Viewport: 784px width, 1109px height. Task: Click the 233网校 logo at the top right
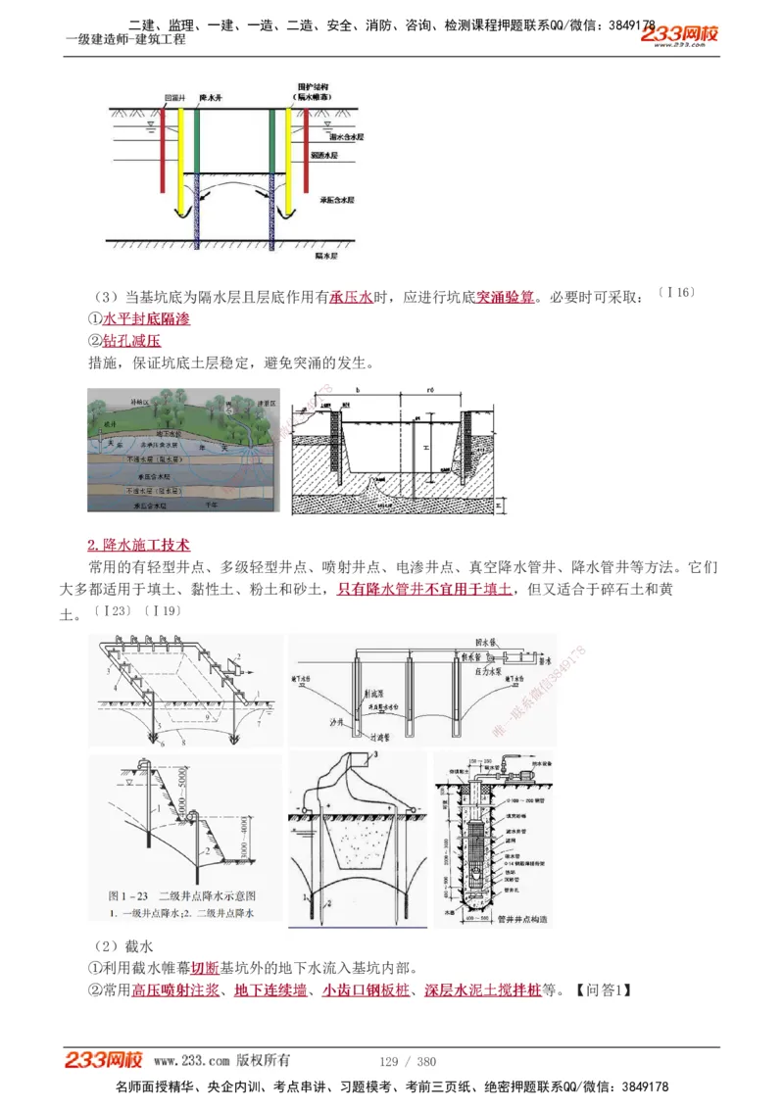[x=679, y=35]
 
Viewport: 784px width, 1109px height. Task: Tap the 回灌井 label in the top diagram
[x=174, y=98]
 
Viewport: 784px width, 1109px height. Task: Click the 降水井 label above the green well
[x=211, y=98]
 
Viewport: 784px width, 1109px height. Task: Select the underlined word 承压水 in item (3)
[x=351, y=296]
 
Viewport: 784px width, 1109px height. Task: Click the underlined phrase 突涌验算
[x=506, y=296]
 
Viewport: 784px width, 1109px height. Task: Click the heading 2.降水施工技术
[x=138, y=545]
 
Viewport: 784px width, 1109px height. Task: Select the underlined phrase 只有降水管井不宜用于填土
[x=423, y=589]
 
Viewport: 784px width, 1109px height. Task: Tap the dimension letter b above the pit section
[x=358, y=390]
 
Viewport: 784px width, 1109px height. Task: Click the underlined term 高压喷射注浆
[x=175, y=989]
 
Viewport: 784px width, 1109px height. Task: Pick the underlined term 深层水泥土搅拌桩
[x=483, y=989]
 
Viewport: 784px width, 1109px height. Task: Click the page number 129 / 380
[x=407, y=1061]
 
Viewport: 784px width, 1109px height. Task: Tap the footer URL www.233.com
[x=192, y=1061]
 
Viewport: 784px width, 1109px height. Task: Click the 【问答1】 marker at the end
[x=599, y=989]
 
